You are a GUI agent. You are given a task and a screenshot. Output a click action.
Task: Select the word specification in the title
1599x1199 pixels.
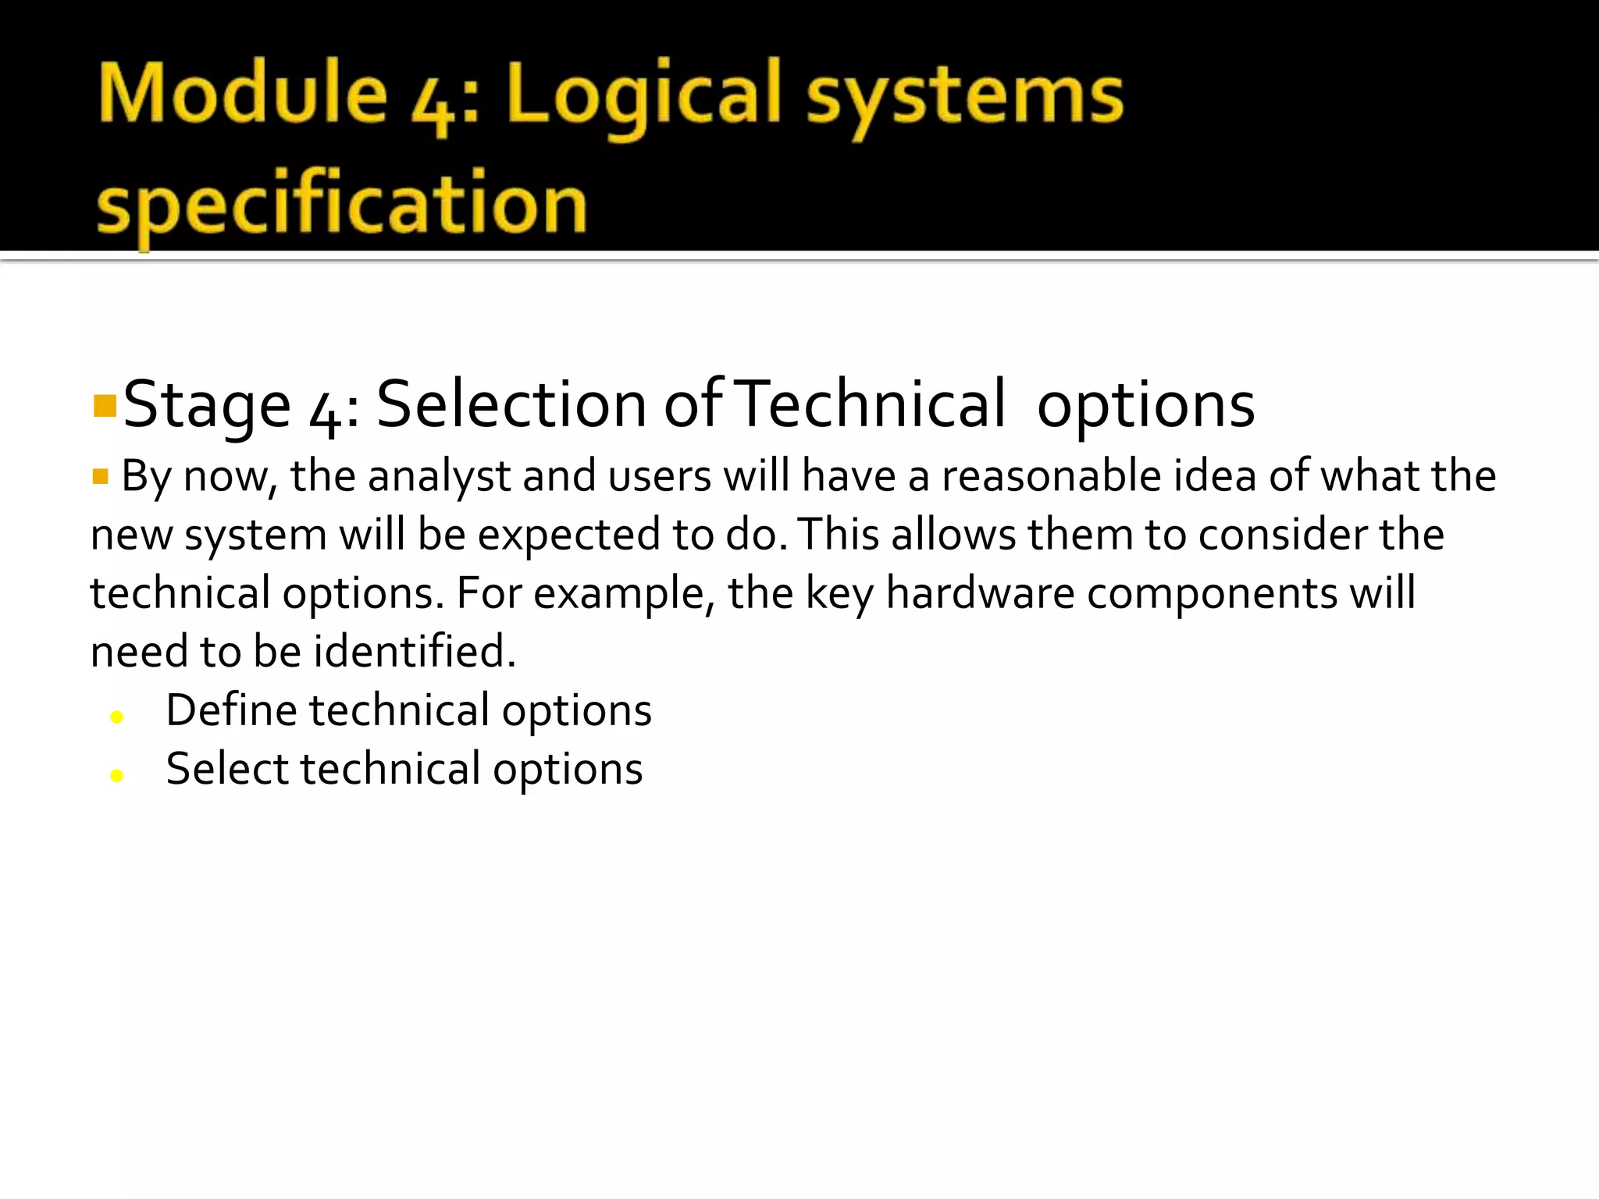pyautogui.click(x=341, y=205)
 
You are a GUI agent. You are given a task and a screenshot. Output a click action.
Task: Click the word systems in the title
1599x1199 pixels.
pyautogui.click(x=965, y=98)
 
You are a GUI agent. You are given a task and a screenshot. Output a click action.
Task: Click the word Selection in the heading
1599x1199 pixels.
pyautogui.click(x=511, y=404)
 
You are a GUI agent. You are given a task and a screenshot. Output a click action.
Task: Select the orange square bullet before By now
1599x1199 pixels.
pyautogui.click(x=100, y=476)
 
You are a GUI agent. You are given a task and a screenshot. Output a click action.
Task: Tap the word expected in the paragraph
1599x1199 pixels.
pyautogui.click(x=568, y=535)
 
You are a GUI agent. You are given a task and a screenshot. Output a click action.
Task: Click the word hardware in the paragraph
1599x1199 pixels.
pyautogui.click(x=980, y=593)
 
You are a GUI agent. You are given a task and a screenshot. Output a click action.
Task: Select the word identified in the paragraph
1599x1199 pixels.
pyautogui.click(x=410, y=651)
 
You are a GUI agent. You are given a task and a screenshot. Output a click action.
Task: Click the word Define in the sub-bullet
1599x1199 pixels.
pyautogui.click(x=231, y=710)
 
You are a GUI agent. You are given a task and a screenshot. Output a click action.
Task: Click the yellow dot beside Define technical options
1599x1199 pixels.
pyautogui.click(x=117, y=717)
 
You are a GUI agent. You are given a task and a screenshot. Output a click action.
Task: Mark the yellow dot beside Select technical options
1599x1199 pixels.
pyautogui.click(x=117, y=775)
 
